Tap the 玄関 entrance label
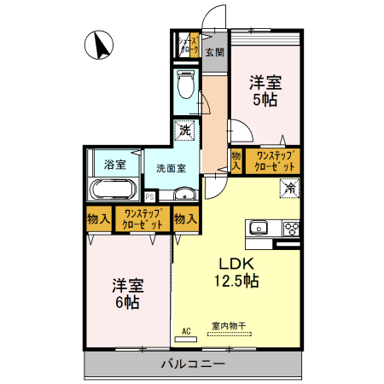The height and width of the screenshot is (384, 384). pos(214,52)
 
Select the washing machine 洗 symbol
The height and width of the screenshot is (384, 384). pos(185,132)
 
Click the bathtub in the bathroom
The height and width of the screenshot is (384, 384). pos(110,189)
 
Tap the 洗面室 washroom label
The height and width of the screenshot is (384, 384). pos(171,167)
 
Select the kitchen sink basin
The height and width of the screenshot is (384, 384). pos(257,228)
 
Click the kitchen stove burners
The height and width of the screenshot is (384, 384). pos(290,229)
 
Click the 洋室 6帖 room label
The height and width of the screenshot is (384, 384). pos(125,294)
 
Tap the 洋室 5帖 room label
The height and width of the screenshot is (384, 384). pos(265,90)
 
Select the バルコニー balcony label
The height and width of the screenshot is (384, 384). pos(193,365)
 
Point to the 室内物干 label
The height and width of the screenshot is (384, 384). pos(228,325)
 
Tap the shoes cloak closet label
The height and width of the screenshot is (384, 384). pos(188,43)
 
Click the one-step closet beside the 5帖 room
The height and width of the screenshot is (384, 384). pos(273,160)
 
